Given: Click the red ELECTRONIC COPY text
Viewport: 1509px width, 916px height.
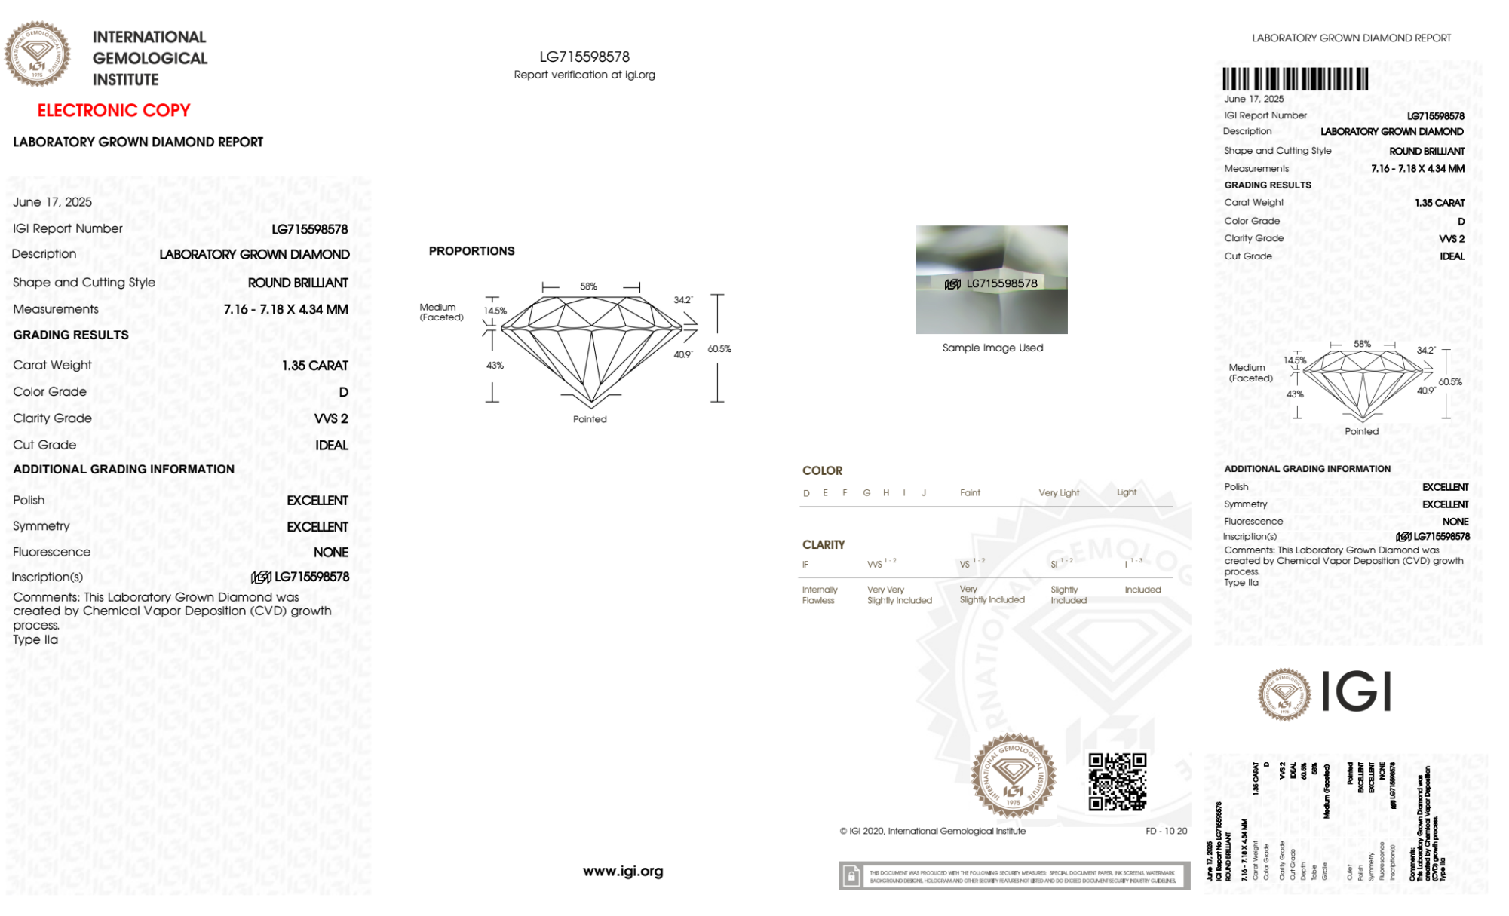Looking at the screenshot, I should click(x=114, y=110).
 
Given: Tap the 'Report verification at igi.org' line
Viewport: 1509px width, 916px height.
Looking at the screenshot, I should click(x=584, y=75).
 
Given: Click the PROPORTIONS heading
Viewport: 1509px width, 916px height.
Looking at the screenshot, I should click(x=471, y=251).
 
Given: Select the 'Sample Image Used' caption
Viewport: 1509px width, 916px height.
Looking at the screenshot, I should click(x=992, y=348).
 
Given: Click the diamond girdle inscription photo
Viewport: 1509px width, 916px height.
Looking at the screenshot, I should click(x=992, y=280).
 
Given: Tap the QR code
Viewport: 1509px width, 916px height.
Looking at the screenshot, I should click(x=1117, y=782).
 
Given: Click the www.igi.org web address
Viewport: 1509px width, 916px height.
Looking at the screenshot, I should click(x=623, y=871).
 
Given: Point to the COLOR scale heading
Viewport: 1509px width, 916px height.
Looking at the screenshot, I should click(x=822, y=470).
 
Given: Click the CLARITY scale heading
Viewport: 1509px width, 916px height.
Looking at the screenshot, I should click(x=824, y=544).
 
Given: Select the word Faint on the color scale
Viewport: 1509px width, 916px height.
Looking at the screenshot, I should click(x=970, y=492).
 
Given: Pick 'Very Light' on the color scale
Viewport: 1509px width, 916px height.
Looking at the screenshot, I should click(x=1059, y=492).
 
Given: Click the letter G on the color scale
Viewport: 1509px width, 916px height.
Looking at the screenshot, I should click(x=866, y=492).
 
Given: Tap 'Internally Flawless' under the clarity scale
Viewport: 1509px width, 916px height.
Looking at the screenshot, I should click(x=819, y=595).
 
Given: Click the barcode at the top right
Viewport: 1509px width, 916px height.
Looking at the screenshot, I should click(x=1295, y=79).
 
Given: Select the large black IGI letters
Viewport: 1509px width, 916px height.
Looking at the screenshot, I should click(x=1357, y=692).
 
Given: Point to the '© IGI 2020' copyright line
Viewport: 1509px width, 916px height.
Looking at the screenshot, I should click(x=933, y=831).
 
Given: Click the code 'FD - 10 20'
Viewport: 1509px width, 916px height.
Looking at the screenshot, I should click(x=1166, y=831).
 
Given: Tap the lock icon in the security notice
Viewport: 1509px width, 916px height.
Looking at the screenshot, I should click(x=851, y=876).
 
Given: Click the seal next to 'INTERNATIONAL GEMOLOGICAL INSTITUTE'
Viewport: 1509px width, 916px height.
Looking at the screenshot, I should click(x=37, y=54).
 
